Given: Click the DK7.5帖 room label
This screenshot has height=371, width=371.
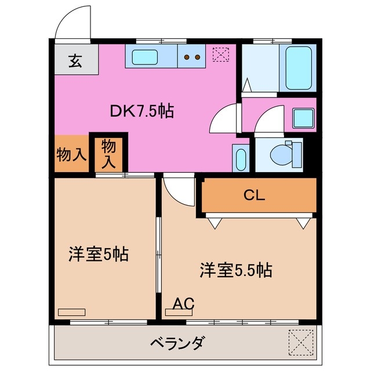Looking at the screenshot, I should pos(143,111).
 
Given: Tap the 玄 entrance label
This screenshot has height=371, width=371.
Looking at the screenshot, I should pos(76,61).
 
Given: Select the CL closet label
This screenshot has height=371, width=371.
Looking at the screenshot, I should pos(254,195).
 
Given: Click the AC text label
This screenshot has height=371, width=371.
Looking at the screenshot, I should pos(184,303).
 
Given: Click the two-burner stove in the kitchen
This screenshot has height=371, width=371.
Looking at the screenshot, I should pos(191,57).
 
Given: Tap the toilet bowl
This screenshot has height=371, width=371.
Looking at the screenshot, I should pos(283,154).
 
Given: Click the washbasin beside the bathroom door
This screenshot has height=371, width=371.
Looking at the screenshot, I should pos(303,118).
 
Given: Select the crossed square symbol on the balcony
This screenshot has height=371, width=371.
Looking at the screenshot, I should pos(300,341).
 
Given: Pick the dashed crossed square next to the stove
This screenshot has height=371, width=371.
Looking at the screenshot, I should pos(221,54).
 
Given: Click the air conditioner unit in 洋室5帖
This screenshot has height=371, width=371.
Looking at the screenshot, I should pos(71,311).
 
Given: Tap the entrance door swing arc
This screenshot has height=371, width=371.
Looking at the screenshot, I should pos(73,25).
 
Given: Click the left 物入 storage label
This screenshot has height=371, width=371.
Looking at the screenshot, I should pos(71,154).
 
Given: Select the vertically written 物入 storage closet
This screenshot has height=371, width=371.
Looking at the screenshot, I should pos(108,154).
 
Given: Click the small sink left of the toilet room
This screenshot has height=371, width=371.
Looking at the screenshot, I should pos(239,157).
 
